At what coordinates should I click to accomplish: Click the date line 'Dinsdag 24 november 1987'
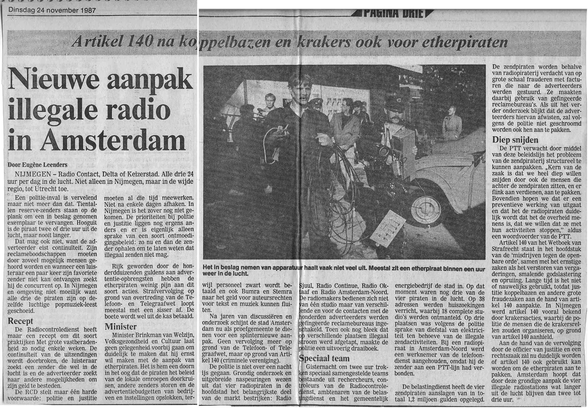coord(52,11)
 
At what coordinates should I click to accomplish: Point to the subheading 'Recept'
coord(20,321)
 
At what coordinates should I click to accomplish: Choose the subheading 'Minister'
coord(120,327)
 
